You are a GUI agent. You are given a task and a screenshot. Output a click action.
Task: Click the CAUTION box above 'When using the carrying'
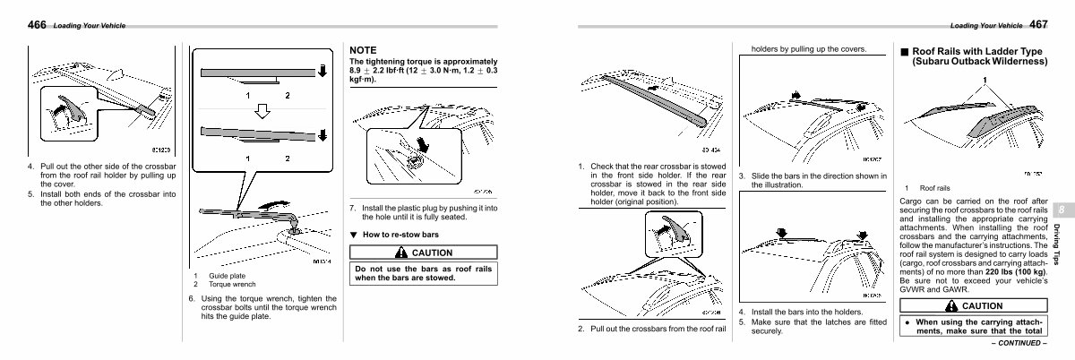pyautogui.click(x=974, y=305)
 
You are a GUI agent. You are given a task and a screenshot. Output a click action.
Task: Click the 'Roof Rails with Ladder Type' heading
pyautogui.click(x=977, y=56)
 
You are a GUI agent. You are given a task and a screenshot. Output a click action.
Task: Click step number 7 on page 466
pyautogui.click(x=352, y=208)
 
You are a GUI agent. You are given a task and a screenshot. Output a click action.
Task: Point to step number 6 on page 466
pyautogui.click(x=192, y=298)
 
